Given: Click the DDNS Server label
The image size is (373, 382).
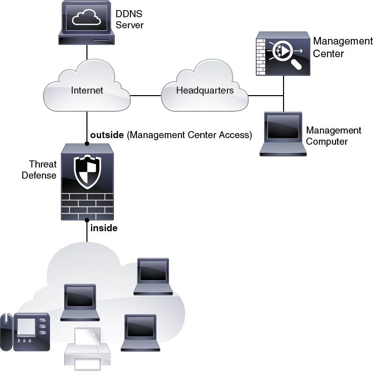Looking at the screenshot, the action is click(129, 20).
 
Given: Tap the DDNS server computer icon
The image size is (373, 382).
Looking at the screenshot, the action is click(86, 23).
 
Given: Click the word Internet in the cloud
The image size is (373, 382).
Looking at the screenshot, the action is click(87, 91).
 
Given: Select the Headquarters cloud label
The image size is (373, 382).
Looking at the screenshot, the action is click(205, 91).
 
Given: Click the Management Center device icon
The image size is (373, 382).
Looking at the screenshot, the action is click(283, 53).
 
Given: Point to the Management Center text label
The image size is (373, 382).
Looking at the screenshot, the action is click(343, 47).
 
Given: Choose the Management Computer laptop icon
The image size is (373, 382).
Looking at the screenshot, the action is click(283, 134).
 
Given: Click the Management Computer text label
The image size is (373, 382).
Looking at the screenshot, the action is click(334, 136).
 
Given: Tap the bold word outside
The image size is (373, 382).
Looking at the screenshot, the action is click(107, 135).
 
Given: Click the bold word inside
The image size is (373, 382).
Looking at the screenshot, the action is click(104, 228).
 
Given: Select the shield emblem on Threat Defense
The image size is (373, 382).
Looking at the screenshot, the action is click(87, 172).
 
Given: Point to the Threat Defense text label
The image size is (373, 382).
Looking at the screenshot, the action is click(39, 170).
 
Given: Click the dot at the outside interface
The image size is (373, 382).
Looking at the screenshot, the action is click(87, 144).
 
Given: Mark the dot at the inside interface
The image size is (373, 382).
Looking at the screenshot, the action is click(87, 220).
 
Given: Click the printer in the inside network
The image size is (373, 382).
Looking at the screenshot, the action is click(87, 349).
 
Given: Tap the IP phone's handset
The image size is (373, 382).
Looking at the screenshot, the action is click(6, 332).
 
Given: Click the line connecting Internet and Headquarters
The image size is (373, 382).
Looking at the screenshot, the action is click(146, 96).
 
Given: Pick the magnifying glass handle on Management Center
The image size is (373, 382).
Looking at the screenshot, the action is click(297, 64).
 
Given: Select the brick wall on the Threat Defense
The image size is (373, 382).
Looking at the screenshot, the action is click(87, 207).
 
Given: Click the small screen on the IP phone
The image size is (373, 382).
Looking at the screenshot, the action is click(26, 326).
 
